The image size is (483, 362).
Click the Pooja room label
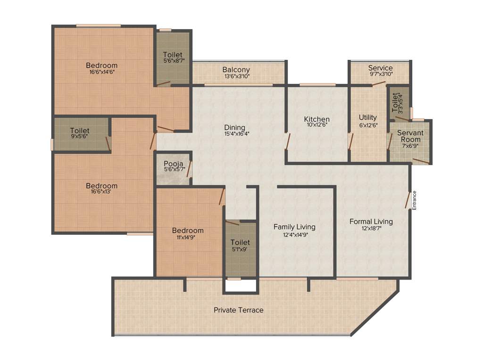point(173,164)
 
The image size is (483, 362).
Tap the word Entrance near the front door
point(415,200)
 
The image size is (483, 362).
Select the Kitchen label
point(316,119)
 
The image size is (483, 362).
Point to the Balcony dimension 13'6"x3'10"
point(236,76)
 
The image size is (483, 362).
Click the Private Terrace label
point(238,310)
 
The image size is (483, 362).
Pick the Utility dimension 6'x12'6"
point(367,125)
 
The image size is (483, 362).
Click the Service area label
point(380,68)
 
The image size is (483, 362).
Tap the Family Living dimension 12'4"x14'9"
point(294,234)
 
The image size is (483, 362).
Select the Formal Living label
point(371,222)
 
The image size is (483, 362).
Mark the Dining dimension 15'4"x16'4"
point(235,134)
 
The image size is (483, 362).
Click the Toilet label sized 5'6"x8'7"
point(173,55)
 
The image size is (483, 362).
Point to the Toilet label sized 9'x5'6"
point(79,131)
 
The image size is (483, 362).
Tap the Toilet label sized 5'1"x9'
point(240,242)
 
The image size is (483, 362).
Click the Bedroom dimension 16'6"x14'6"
point(102,72)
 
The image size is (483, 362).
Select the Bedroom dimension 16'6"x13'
point(101,192)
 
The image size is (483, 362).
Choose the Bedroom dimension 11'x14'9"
point(188,238)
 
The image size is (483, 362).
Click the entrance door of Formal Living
point(407,199)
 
